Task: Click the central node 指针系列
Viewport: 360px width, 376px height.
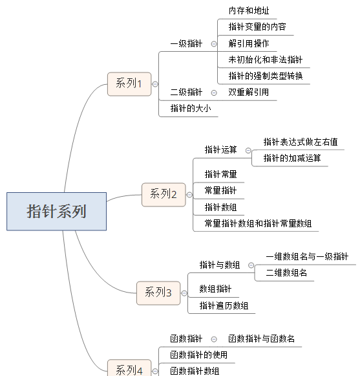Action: click(x=56, y=211)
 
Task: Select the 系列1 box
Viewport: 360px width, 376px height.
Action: click(x=129, y=84)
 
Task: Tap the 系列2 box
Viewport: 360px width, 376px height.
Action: click(x=164, y=195)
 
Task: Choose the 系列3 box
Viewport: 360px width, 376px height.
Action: click(x=158, y=293)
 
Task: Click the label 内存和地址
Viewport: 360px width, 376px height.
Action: click(x=249, y=11)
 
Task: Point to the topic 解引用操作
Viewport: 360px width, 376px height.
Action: click(x=249, y=43)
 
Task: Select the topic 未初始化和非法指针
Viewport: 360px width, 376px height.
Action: click(x=266, y=60)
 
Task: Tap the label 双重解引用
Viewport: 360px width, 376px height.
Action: click(x=248, y=93)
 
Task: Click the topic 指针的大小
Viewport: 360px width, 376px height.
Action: click(x=191, y=108)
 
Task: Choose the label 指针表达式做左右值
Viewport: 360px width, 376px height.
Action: click(x=301, y=142)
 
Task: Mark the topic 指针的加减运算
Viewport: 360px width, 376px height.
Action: click(x=292, y=159)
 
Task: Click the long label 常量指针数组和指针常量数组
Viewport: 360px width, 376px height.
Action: click(x=258, y=223)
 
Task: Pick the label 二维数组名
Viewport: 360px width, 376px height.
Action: click(x=286, y=273)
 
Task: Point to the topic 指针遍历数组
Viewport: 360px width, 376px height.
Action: click(x=224, y=305)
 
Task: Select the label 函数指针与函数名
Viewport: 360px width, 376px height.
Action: click(x=261, y=338)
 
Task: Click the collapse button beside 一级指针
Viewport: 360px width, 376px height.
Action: click(x=214, y=44)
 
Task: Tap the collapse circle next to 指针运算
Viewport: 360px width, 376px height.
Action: click(x=248, y=151)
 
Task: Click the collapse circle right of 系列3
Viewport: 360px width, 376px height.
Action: click(x=184, y=293)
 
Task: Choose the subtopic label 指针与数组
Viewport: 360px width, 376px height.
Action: click(x=220, y=265)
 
